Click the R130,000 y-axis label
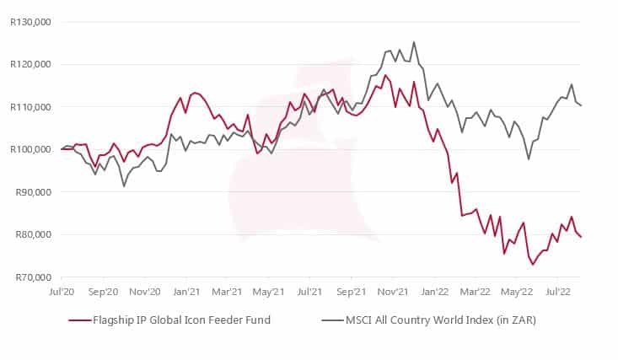(31, 22)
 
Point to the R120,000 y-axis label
(31, 64)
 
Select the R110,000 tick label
(31, 107)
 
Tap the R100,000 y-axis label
(31, 149)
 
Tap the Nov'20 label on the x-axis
(145, 293)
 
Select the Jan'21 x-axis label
(185, 293)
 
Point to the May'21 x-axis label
(268, 293)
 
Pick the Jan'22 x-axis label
(433, 293)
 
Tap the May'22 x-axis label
(516, 293)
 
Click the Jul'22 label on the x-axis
(556, 293)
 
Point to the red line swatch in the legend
(79, 320)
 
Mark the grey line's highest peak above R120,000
(414, 42)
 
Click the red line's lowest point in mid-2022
(533, 264)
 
